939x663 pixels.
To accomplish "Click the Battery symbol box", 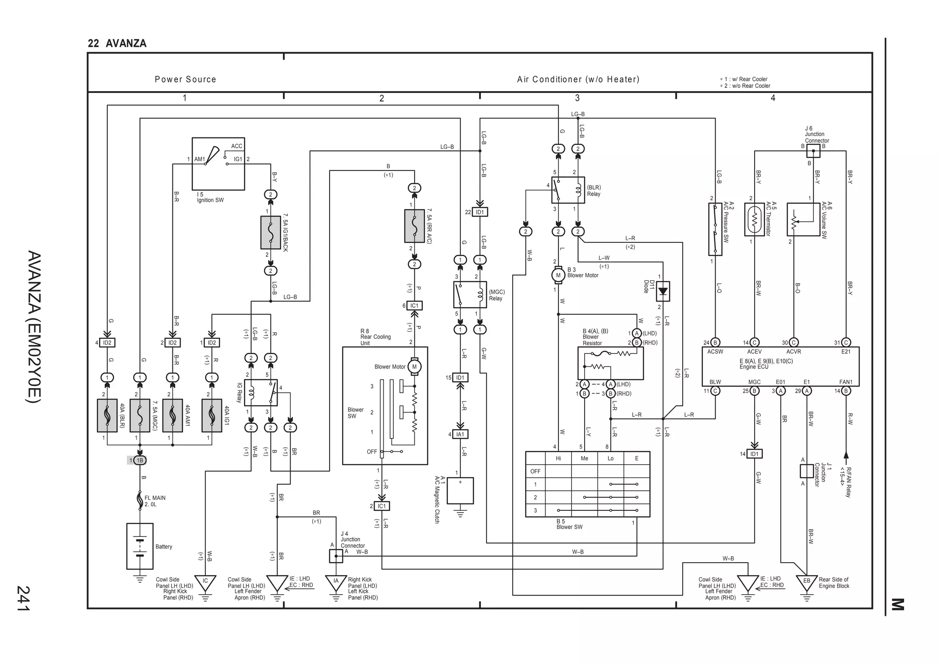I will (140, 546).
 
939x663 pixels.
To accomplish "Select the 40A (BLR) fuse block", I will (107, 415).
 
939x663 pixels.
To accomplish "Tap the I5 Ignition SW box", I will (218, 164).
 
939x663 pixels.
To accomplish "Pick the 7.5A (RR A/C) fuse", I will (414, 226).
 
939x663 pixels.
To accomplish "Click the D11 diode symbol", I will (663, 291).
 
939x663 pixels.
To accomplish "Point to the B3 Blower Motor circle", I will (558, 275).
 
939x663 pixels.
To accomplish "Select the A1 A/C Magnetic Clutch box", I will (460, 491).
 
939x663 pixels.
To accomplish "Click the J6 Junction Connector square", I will (813, 151).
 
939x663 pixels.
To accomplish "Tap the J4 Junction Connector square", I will (336, 556).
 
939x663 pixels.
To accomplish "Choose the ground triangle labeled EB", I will (807, 581).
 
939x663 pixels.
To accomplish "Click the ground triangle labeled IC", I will (205, 581).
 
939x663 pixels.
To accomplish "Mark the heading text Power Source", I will (185, 79).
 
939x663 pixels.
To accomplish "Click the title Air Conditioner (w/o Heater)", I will (578, 79).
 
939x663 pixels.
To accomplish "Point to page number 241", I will (23, 598).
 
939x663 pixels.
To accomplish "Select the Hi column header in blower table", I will (558, 458).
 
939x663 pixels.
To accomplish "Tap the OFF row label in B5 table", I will (535, 471).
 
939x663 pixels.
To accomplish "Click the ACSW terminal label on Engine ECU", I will (715, 351).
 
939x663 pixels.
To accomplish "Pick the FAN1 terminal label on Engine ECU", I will (846, 382).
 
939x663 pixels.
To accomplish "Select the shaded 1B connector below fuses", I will (140, 460).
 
